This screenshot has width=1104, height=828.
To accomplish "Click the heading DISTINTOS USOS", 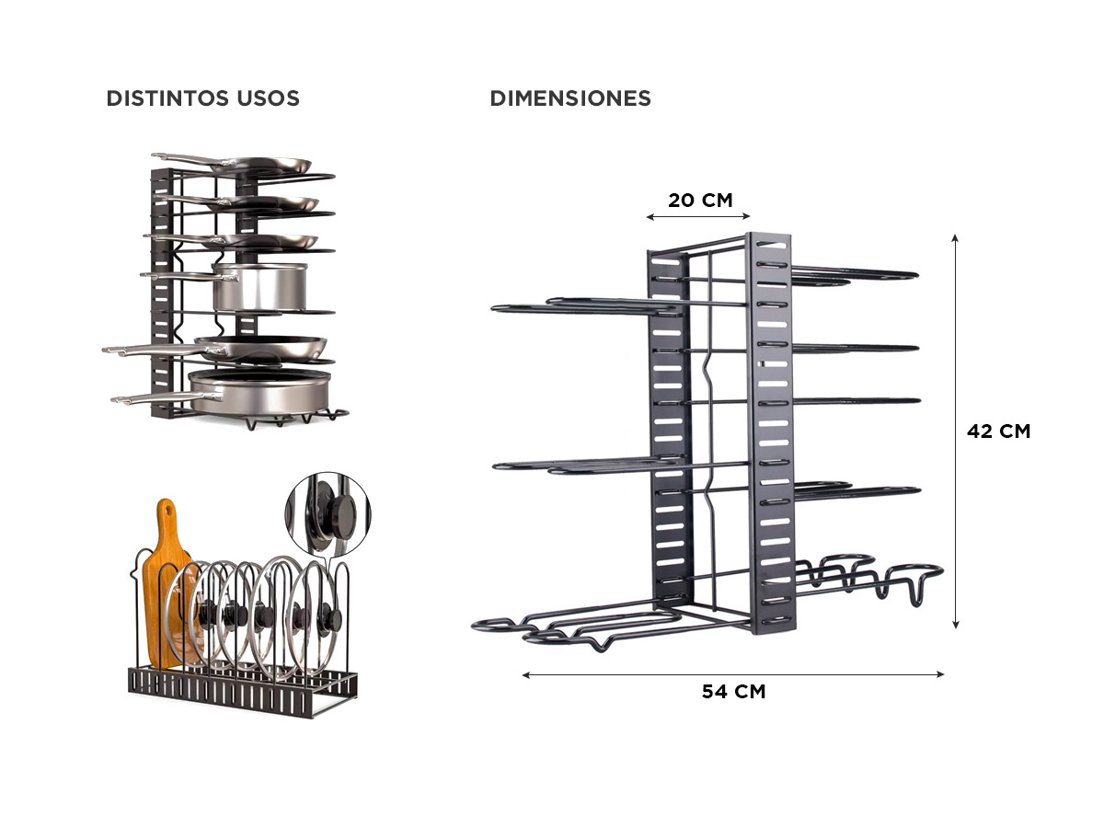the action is (202, 98).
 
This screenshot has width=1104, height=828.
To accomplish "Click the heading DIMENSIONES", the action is (570, 98).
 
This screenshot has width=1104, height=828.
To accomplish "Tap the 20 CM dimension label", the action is (699, 200).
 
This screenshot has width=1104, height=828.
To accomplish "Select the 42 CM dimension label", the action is (998, 431).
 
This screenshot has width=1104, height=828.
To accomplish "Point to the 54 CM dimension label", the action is (733, 691).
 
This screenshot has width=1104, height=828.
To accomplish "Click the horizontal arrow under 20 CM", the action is (698, 217).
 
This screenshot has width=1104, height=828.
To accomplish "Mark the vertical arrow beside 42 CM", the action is (955, 431).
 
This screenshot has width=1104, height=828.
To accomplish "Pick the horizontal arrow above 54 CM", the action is (733, 674).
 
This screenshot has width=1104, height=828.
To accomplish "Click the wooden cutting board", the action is (168, 583).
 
